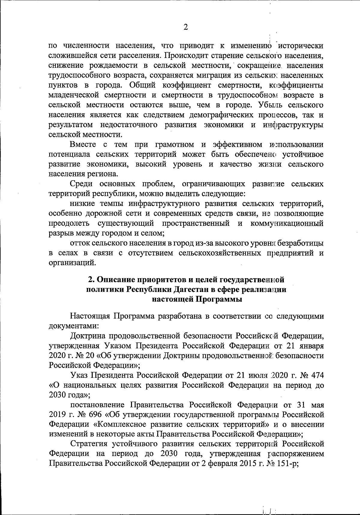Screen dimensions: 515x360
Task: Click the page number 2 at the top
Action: [185, 27]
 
